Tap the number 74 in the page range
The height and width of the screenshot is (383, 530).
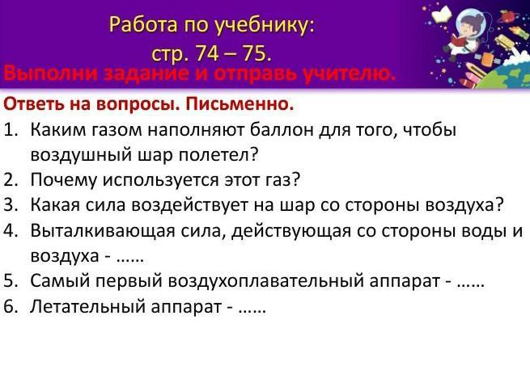[207, 53]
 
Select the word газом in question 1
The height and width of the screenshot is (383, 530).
[117, 130]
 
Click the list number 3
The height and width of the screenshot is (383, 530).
[11, 205]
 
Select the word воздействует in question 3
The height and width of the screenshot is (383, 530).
[190, 205]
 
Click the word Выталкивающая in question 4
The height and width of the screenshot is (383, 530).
[103, 231]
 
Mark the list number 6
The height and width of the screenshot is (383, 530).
[11, 307]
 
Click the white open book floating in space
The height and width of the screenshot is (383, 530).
[442, 15]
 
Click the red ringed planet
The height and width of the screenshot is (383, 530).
[505, 15]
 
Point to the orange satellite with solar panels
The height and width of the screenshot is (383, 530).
[488, 60]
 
